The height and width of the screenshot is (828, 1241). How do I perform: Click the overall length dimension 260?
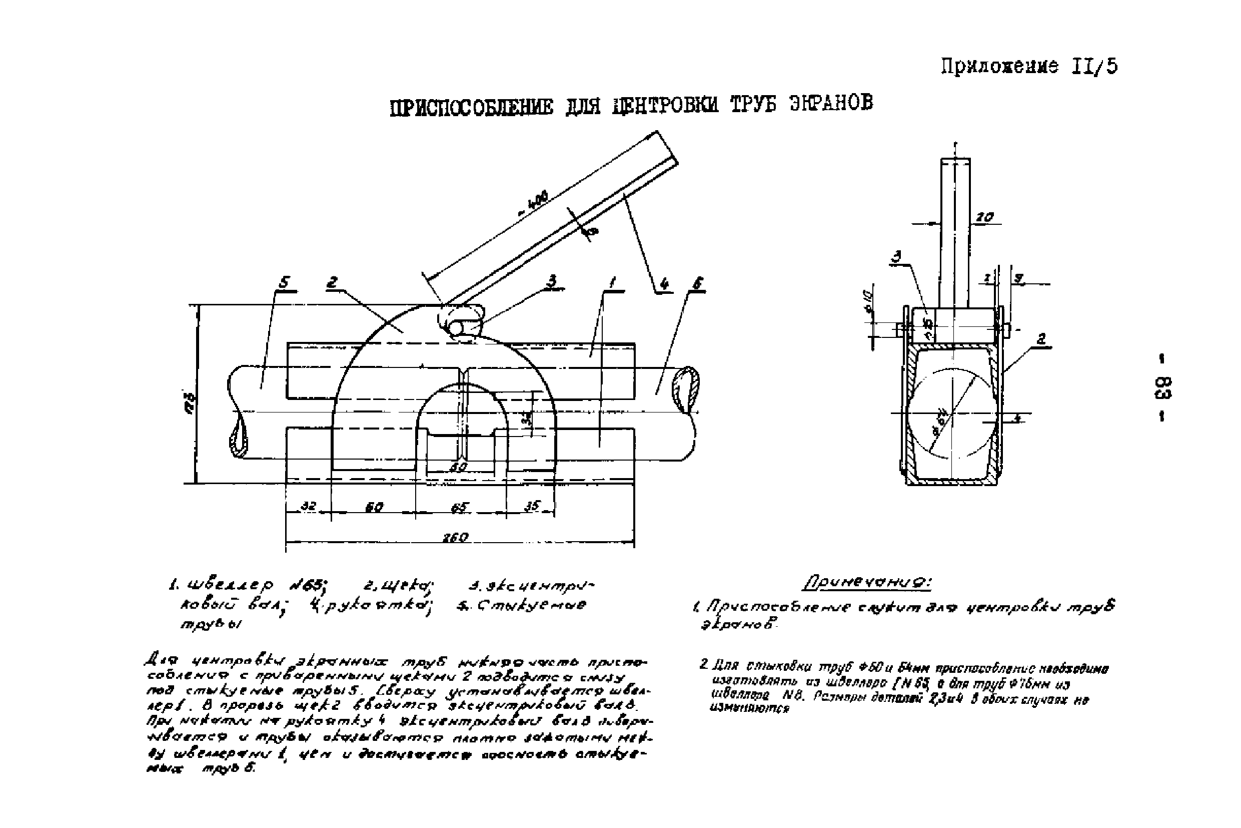tap(455, 537)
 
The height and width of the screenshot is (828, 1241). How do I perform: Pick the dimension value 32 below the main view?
tap(308, 506)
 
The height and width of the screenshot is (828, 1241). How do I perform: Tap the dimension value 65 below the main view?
tap(460, 508)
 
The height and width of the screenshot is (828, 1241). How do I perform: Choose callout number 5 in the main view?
tap(285, 282)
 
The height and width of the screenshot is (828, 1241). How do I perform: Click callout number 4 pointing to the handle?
tap(664, 285)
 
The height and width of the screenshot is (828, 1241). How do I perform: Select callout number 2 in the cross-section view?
tap(1041, 339)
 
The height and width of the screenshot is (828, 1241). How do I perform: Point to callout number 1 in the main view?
tap(612, 282)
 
